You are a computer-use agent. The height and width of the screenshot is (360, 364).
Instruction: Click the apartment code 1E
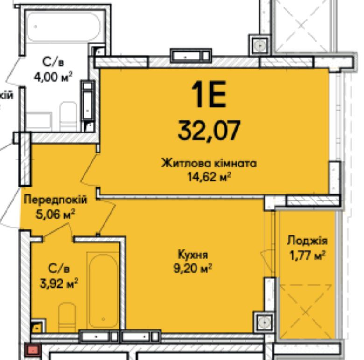209,94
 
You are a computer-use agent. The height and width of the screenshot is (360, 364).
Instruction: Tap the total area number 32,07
209,131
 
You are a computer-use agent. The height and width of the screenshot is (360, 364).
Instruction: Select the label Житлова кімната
209,163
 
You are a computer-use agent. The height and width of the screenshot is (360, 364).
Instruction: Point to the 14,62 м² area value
210,177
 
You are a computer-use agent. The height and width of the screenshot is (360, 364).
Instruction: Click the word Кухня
193,255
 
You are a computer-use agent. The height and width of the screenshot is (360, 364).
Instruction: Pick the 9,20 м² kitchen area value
193,269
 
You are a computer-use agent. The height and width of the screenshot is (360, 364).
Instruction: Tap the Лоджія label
307,241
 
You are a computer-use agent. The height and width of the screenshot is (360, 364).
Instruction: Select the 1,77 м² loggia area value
307,256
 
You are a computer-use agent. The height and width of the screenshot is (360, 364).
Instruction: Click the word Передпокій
55,200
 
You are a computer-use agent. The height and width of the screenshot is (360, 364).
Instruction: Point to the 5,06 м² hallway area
55,214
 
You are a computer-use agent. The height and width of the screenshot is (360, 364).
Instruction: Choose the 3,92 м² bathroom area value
59,283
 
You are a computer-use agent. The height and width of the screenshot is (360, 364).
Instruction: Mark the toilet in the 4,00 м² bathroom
68,116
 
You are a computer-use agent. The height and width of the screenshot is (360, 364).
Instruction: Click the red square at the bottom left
33,350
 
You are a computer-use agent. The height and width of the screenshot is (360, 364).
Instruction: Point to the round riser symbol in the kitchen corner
264,322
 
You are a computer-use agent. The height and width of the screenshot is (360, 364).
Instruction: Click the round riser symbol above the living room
259,45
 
